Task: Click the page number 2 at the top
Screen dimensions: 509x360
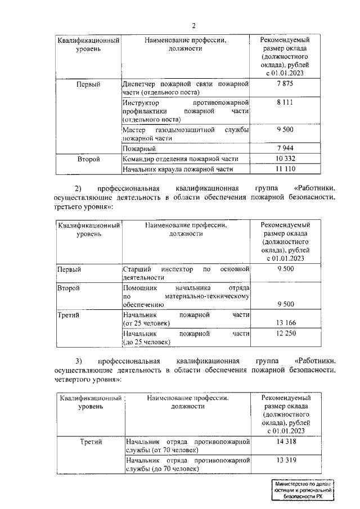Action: coord(194,26)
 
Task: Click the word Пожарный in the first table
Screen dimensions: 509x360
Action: coord(139,148)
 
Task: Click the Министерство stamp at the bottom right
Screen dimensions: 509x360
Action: coord(301,490)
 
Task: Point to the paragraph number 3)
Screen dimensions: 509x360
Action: coord(79,360)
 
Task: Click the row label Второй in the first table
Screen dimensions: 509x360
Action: coord(88,159)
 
